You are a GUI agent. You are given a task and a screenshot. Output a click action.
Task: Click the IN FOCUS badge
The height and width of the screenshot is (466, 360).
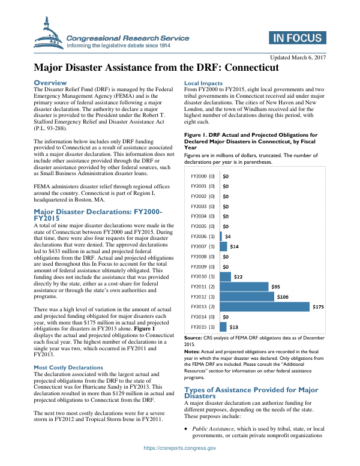point(297,38)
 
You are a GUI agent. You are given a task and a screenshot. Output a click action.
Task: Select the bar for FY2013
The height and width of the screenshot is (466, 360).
point(265,306)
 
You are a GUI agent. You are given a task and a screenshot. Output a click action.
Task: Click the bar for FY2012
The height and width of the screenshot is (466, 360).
point(247,296)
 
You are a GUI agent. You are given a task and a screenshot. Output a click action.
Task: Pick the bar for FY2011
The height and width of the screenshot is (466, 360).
point(244,286)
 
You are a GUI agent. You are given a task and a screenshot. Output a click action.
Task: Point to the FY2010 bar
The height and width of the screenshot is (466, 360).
point(226,276)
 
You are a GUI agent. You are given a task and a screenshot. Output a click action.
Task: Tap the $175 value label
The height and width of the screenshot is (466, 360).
point(319,306)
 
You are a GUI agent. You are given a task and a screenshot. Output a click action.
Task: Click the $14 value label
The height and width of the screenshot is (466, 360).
point(235,246)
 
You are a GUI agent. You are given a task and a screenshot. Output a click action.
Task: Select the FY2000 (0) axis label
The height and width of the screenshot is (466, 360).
point(203,177)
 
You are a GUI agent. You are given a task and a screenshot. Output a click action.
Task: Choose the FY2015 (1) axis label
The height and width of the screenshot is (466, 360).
point(203,327)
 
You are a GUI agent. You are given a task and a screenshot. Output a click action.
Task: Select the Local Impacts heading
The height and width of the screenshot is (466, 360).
point(203,83)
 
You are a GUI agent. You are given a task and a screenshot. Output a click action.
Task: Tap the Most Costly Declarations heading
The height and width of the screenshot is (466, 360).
point(68,367)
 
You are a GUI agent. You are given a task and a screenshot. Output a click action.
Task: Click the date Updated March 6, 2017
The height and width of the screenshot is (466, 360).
point(298,57)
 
